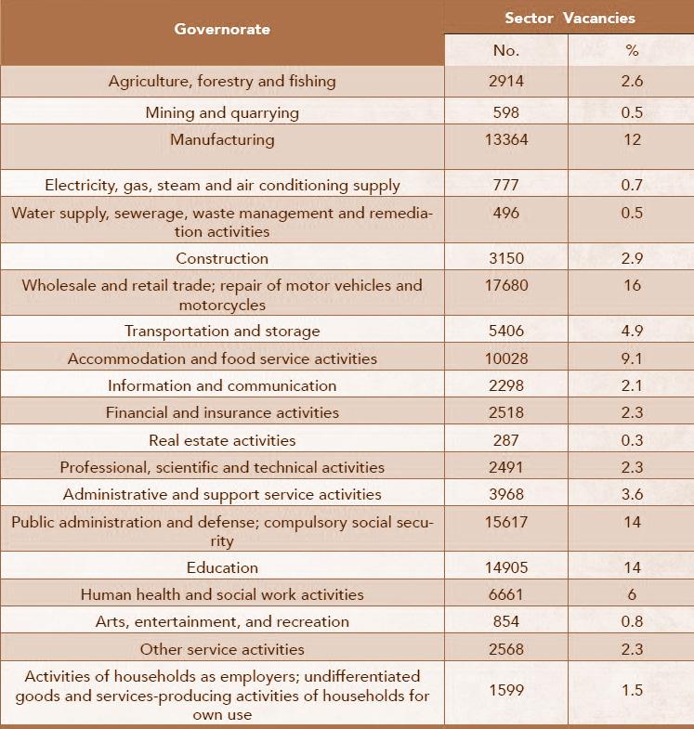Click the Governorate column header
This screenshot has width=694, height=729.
[x=222, y=29]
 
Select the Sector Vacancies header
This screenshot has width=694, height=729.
[x=570, y=18]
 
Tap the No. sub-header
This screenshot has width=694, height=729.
[x=506, y=50]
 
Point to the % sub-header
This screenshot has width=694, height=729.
[x=633, y=50]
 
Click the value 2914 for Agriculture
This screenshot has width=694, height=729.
[x=506, y=81]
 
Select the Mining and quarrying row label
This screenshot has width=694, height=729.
[x=222, y=112]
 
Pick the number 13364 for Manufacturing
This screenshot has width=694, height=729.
[x=506, y=140]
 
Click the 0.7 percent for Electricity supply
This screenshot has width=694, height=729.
[x=633, y=185]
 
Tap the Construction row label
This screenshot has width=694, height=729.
[x=222, y=258]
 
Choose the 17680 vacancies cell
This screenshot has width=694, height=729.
[x=506, y=285]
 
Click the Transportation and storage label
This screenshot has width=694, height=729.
[x=222, y=331]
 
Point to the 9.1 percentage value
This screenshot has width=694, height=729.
[x=633, y=358]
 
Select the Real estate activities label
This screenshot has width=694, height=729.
[x=222, y=440]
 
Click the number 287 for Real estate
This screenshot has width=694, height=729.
[x=506, y=440]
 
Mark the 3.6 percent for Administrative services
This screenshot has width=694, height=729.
[x=633, y=494]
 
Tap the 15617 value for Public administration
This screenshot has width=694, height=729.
[x=506, y=522]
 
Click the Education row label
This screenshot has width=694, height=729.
[x=222, y=566]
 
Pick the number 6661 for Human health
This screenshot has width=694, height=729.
[x=506, y=594]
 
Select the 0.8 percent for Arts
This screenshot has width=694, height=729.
[x=633, y=621]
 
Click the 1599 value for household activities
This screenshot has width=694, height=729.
[x=506, y=695]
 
